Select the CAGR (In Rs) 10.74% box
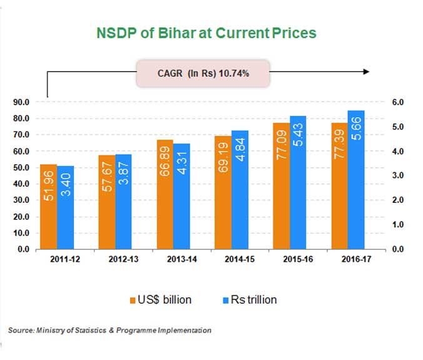[203, 73]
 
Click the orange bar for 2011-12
[48, 207]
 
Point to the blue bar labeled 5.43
[297, 182]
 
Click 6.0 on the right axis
[398, 102]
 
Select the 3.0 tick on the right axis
[398, 175]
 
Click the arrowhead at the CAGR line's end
[365, 72]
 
